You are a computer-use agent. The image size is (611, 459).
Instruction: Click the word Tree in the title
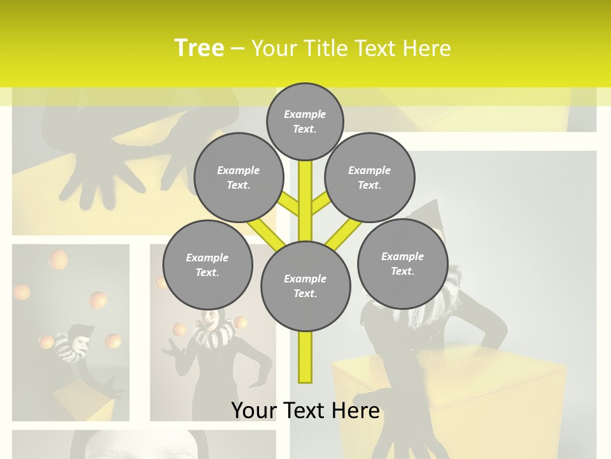(x=199, y=48)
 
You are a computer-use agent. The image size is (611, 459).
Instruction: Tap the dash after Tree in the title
(x=237, y=48)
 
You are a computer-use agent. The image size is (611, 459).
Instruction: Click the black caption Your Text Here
(x=305, y=410)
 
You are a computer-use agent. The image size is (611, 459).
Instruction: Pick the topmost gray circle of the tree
(x=305, y=121)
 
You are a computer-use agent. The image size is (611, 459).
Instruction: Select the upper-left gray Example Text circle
(x=238, y=177)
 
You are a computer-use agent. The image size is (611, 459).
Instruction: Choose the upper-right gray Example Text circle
(x=369, y=177)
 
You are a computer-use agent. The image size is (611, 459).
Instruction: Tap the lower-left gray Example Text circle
(x=207, y=265)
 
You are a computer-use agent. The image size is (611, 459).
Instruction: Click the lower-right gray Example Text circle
(x=402, y=263)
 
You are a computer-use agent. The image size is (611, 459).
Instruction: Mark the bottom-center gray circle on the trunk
(x=305, y=286)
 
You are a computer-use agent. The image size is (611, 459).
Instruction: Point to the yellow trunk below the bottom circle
(x=305, y=357)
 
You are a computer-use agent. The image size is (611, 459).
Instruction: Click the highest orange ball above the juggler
(x=58, y=259)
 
